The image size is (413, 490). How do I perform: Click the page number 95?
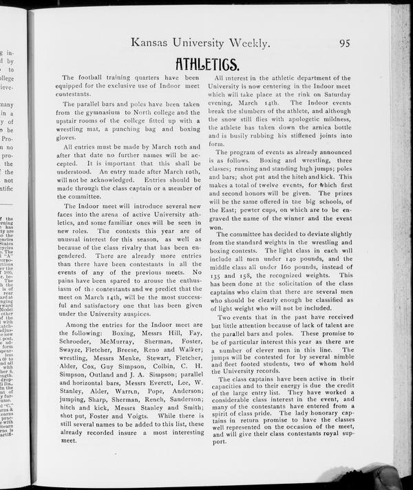[x=344, y=43]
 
